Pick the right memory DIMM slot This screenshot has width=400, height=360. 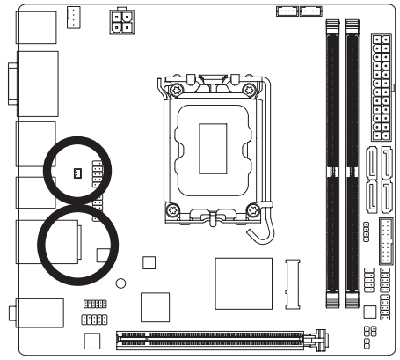352,163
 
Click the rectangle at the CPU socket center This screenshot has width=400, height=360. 213,145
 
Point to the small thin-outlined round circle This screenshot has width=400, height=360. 121,283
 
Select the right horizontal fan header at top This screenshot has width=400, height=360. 310,11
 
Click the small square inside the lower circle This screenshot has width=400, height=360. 103,254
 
